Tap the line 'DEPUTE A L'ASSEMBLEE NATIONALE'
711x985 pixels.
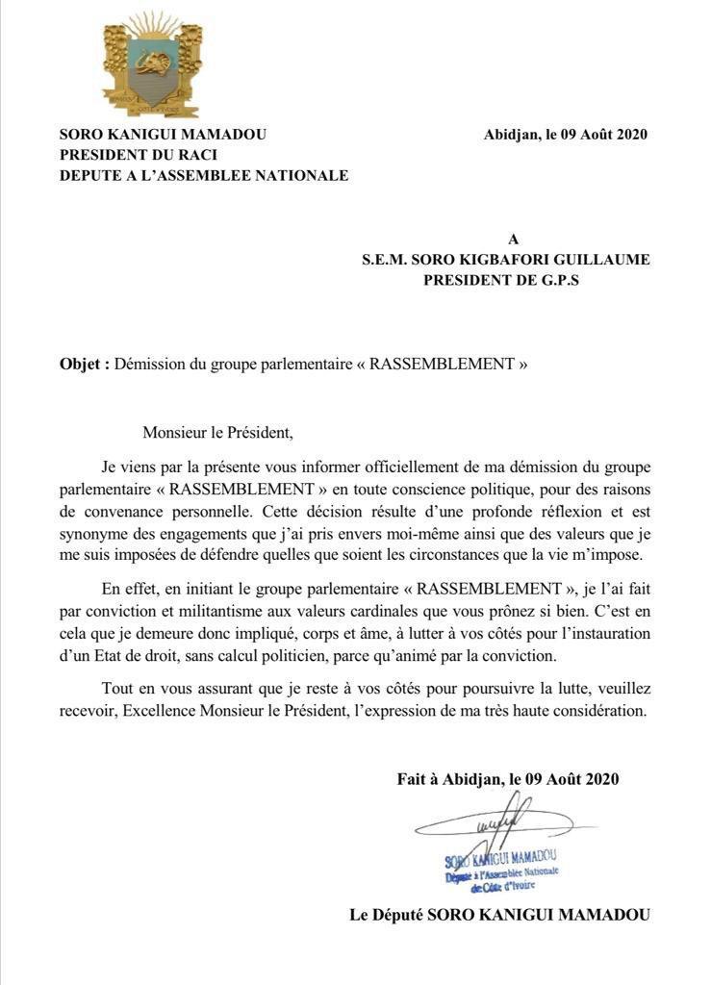(x=204, y=175)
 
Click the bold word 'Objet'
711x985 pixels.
(x=81, y=366)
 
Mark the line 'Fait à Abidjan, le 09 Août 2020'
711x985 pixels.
(x=508, y=779)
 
